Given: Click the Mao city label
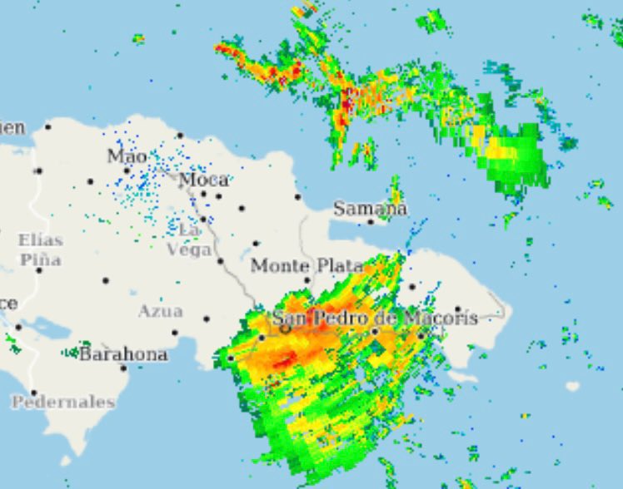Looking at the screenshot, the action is click(127, 156).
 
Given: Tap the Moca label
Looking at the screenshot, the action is click(203, 179).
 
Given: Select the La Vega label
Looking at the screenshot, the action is click(190, 239).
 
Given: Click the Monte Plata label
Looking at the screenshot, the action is click(307, 266).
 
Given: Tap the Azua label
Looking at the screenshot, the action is click(160, 311).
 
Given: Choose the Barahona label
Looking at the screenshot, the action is click(123, 354).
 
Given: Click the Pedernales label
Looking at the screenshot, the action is click(63, 402).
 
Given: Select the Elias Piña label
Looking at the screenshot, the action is click(40, 249).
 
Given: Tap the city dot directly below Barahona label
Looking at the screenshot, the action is click(123, 368).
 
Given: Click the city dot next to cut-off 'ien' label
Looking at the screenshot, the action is click(48, 126).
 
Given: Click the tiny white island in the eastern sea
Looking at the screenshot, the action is click(572, 386).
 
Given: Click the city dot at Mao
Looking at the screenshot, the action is click(91, 180).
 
